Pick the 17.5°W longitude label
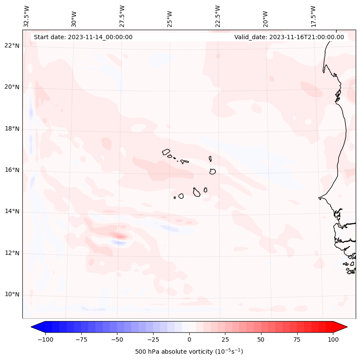tap(313, 15)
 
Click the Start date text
tap(83, 37)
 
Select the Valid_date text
tap(289, 37)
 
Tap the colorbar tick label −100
tap(45, 339)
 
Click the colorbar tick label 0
tap(189, 339)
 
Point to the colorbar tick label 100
tap(333, 339)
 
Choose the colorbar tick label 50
tap(261, 339)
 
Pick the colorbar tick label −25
tap(153, 339)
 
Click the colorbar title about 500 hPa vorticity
tap(189, 352)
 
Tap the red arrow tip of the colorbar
tap(343, 327)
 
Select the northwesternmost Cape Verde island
tap(166, 152)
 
